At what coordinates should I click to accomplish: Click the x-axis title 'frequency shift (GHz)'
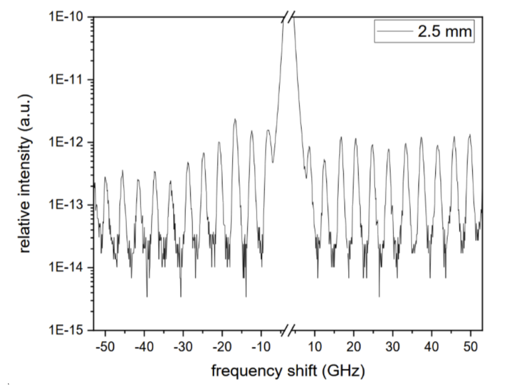[x=288, y=371]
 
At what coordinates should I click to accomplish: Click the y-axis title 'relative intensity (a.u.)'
[x=25, y=174]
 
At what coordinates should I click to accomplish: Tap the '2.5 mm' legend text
[x=445, y=32]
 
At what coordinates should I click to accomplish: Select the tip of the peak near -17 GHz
[x=235, y=119]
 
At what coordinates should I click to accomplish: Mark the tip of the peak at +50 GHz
[x=470, y=135]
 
